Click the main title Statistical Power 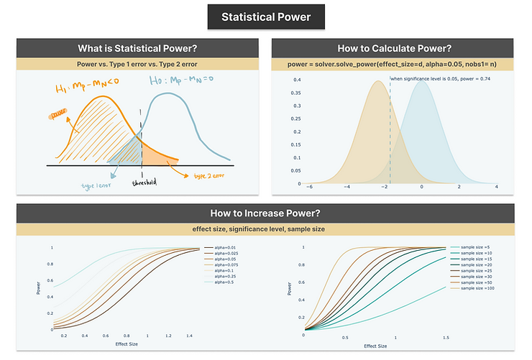[x=265, y=17]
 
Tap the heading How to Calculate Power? [x=394, y=49]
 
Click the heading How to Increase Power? [x=265, y=213]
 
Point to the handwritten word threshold [x=143, y=183]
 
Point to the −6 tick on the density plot [x=309, y=187]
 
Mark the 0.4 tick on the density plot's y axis [x=295, y=80]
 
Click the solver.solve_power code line [x=394, y=64]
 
